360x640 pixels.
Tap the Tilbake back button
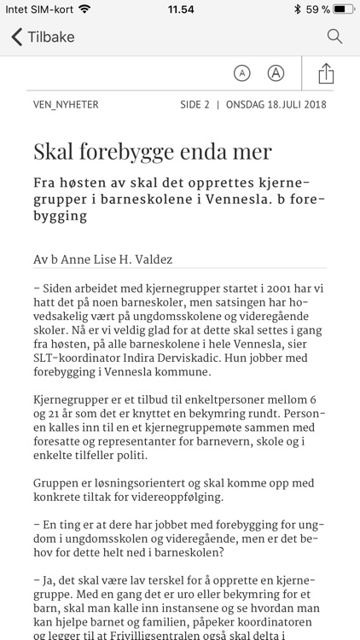click(x=43, y=37)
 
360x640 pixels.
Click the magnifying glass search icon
click(x=334, y=37)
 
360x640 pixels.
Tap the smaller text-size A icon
click(x=242, y=73)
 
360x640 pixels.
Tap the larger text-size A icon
click(x=276, y=73)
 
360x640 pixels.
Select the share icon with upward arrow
click(x=326, y=73)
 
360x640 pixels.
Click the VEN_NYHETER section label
click(x=66, y=105)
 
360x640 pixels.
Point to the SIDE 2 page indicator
click(x=195, y=105)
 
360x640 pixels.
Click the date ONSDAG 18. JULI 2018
click(x=276, y=105)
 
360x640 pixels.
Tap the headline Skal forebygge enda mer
click(x=152, y=151)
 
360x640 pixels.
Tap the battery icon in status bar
click(x=344, y=9)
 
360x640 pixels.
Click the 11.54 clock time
click(x=180, y=9)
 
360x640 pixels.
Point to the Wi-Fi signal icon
click(x=84, y=9)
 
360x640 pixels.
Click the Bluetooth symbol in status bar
click(x=297, y=9)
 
